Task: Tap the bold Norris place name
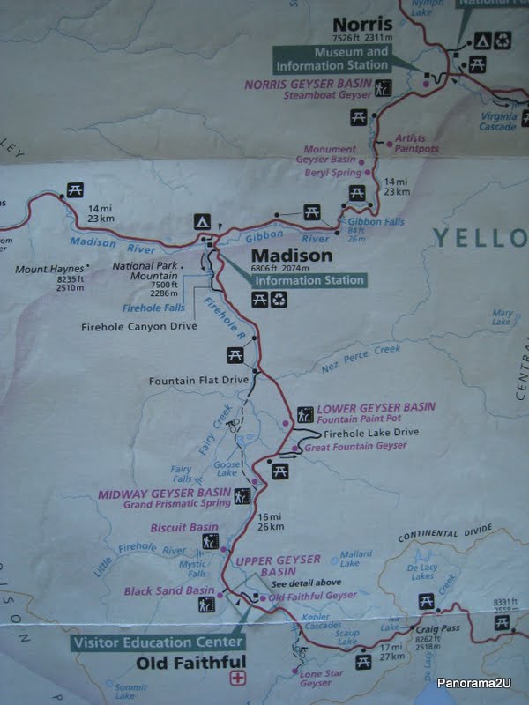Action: [x=358, y=24]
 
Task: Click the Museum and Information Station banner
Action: [x=332, y=59]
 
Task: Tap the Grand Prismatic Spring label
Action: [x=178, y=505]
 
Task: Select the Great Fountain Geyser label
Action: [x=355, y=447]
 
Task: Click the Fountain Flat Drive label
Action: [x=200, y=381]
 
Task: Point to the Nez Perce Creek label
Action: [x=346, y=360]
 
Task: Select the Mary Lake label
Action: [x=503, y=317]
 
